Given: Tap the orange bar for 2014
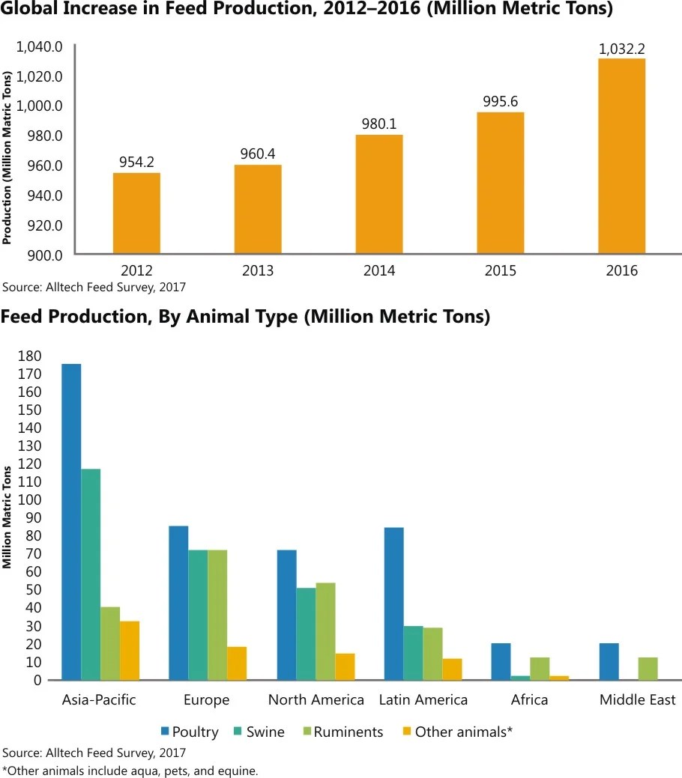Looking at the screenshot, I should point(379,195).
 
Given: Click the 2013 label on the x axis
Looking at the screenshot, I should point(258,271).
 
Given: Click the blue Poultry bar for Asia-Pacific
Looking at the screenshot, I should point(71,522).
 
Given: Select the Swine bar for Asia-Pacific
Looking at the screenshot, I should point(91,574).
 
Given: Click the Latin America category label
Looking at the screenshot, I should point(423,700).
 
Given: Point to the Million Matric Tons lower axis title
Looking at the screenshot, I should point(7,517).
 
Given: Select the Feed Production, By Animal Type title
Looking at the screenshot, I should point(245,317).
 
